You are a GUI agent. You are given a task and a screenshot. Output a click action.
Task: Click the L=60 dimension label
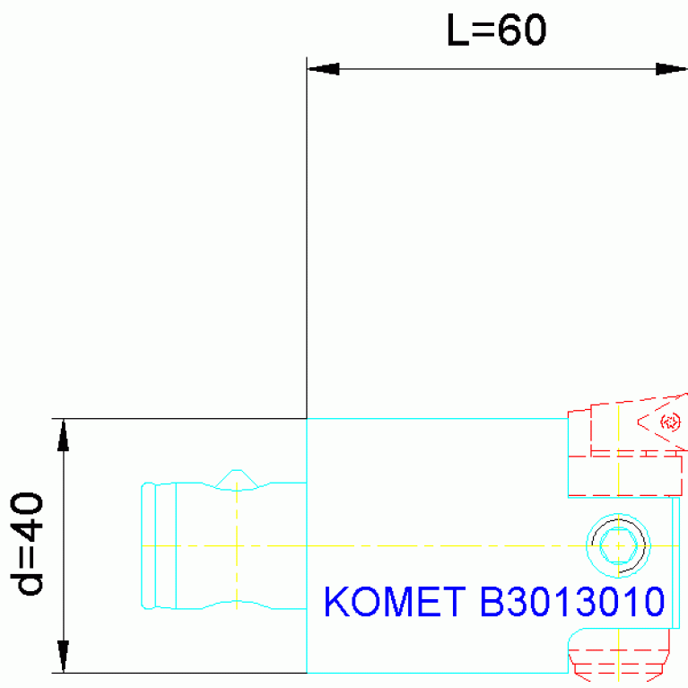pyautogui.click(x=496, y=30)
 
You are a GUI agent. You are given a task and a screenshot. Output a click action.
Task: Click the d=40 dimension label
pyautogui.click(x=27, y=544)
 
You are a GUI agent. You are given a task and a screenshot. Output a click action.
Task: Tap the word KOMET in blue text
pyautogui.click(x=395, y=602)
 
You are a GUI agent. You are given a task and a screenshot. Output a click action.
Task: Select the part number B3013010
pyautogui.click(x=572, y=602)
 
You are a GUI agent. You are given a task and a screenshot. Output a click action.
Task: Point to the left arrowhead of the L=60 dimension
pyautogui.click(x=324, y=69)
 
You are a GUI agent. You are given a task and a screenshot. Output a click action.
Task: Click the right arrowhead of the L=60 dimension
pyautogui.click(x=671, y=69)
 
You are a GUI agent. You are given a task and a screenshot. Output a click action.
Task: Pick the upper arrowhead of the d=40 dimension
pyautogui.click(x=63, y=435)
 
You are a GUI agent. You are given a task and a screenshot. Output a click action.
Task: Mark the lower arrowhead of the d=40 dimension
pyautogui.click(x=63, y=657)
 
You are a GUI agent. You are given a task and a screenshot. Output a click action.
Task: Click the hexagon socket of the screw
pyautogui.click(x=618, y=545)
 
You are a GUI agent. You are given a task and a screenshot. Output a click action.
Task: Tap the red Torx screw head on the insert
pyautogui.click(x=670, y=422)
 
